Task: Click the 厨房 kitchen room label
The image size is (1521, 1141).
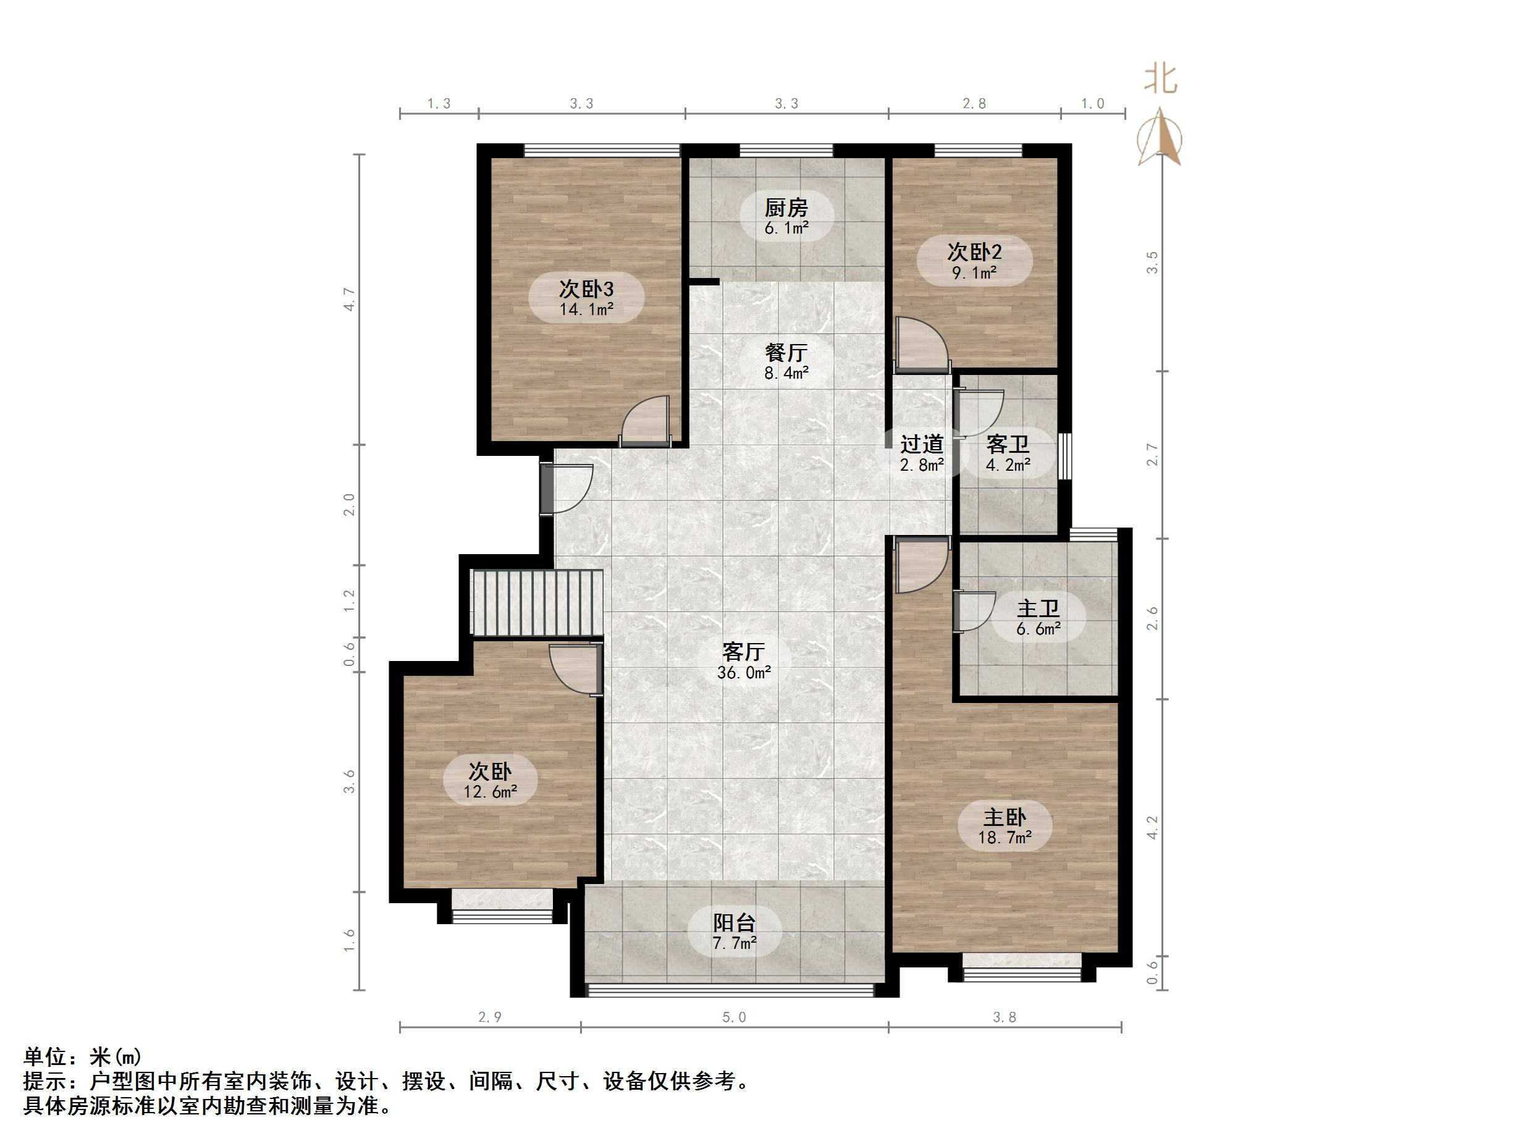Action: tap(786, 208)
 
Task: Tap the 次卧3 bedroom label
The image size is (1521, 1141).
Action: tap(586, 289)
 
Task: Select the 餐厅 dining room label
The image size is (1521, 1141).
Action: tap(786, 353)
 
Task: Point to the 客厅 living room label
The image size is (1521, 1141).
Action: tap(743, 651)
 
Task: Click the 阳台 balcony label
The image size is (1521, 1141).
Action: tap(735, 922)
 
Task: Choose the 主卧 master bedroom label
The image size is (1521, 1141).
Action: tap(1005, 818)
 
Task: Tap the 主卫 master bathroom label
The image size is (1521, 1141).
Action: tap(1039, 608)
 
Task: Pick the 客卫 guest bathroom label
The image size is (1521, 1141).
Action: tap(1008, 444)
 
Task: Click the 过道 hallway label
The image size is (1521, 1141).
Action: tap(921, 444)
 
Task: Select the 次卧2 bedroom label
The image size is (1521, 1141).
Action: tap(974, 251)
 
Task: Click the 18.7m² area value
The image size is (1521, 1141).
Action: tap(1005, 838)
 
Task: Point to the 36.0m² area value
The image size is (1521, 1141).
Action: tap(743, 673)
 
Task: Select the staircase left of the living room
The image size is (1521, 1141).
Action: tap(535, 602)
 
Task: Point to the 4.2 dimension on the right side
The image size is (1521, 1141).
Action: tap(1152, 827)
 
